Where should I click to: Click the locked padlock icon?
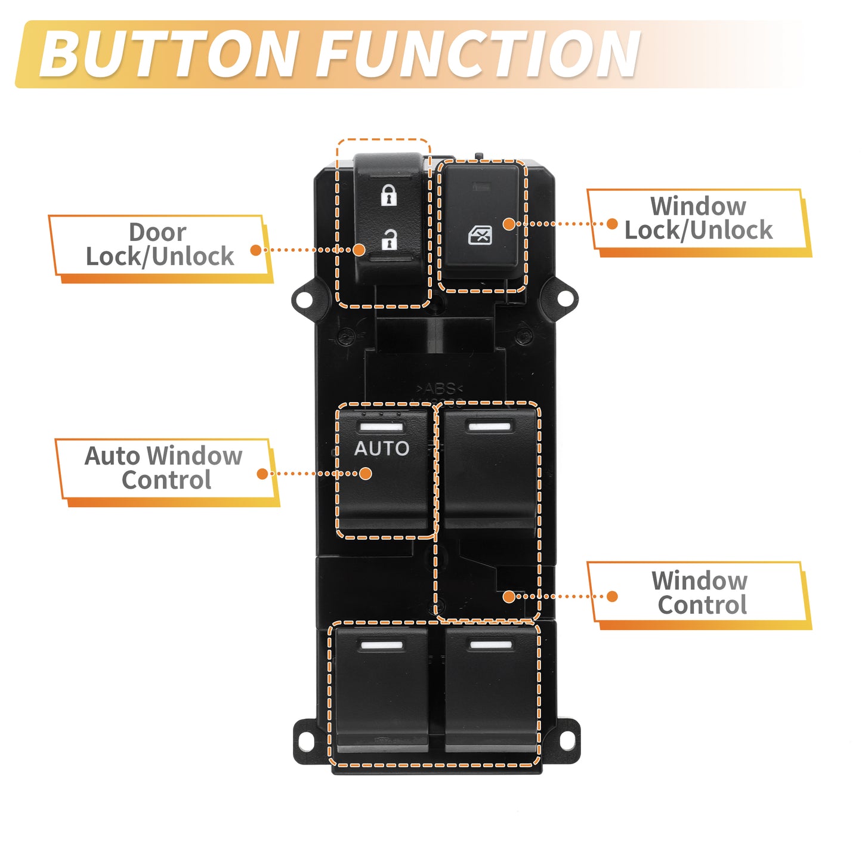point(389,195)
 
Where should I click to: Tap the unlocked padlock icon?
point(389,240)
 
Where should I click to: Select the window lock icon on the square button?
point(480,235)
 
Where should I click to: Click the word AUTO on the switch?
point(382,448)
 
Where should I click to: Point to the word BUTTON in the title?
point(169,54)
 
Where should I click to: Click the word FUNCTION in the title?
point(478,54)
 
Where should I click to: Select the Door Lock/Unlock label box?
point(160,249)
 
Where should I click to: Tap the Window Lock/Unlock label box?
point(699,223)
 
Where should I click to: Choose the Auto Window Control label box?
point(167,472)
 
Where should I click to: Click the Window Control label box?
point(699,595)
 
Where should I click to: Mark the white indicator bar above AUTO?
point(382,427)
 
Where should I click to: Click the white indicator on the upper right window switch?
point(490,426)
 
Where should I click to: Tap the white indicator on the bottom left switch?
point(382,645)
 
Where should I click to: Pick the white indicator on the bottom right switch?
point(491,645)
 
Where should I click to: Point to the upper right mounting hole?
point(566,298)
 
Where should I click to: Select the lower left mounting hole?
point(306,741)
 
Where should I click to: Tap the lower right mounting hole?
point(568,740)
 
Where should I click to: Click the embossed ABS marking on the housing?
point(440,388)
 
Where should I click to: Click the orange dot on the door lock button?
point(359,249)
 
